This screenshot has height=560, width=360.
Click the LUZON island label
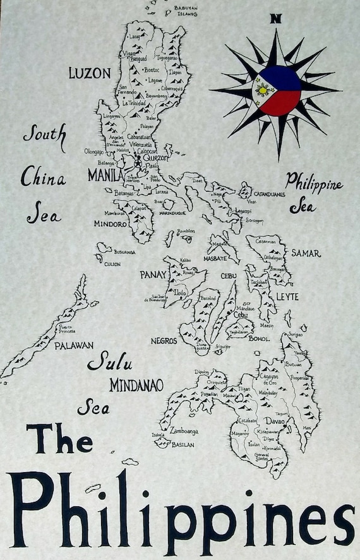pos(89,73)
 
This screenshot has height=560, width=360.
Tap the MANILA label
pos(105,174)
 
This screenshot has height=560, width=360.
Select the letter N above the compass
pos(275,18)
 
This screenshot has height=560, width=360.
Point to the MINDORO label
pos(111,224)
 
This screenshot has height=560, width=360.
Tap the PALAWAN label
pos(74,346)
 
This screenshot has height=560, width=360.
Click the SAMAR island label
pos(306,253)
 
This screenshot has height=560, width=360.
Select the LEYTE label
pos(287,296)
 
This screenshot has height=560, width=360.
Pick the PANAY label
pos(153,274)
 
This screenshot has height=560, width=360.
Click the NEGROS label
pos(164,341)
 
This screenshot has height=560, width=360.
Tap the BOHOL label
pos(260,339)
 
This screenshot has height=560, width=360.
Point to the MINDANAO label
pos(136,385)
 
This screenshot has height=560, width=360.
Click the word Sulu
pos(110,362)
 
